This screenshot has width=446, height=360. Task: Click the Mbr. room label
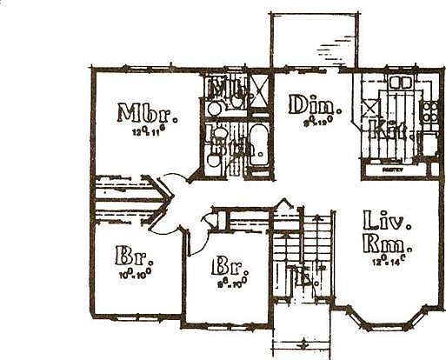[x=147, y=114]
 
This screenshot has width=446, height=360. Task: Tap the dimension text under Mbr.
[x=150, y=133]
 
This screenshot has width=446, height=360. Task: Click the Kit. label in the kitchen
[x=384, y=130]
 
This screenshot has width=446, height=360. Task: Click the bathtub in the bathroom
[x=258, y=148]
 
